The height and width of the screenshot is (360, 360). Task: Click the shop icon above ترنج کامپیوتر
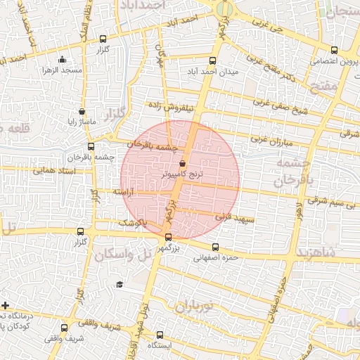[x=183, y=163]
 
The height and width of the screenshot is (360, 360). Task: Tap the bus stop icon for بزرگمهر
[x=167, y=237]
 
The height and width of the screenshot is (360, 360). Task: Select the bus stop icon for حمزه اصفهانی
[x=215, y=247]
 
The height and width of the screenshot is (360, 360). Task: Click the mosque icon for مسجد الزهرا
[x=63, y=60]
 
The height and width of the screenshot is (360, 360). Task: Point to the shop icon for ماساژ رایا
[x=82, y=111]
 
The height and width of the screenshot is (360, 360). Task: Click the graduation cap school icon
[x=120, y=285]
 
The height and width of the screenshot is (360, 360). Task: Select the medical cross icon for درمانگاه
[x=6, y=305]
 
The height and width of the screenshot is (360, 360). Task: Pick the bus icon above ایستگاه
[x=160, y=335]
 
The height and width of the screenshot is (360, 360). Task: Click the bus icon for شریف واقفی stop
[x=65, y=328]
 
